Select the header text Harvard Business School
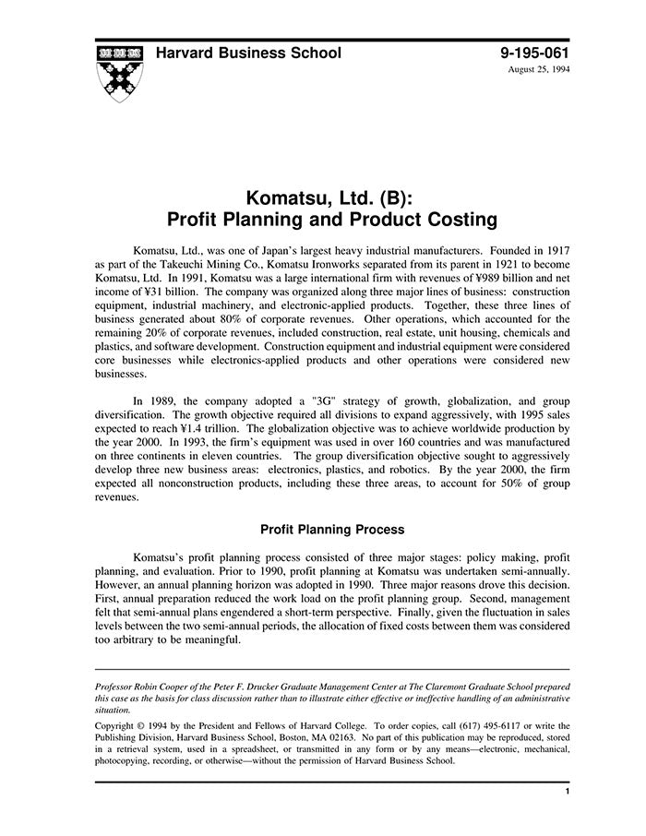[247, 53]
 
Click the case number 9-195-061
[534, 53]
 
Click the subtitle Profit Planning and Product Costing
[331, 221]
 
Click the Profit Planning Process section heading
[331, 530]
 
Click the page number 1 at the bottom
[566, 792]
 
